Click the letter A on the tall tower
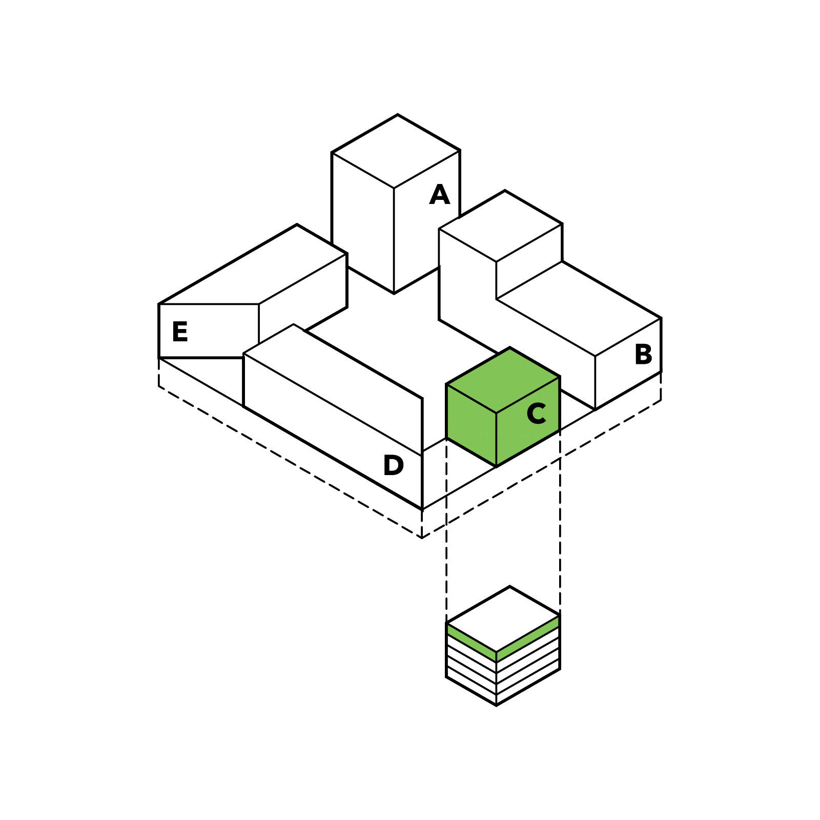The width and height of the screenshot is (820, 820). tap(440, 195)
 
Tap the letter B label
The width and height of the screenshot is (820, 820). tap(643, 354)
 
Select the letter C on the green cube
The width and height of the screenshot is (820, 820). tap(536, 414)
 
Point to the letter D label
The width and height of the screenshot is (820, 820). tap(393, 465)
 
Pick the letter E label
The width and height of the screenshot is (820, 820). tap(180, 332)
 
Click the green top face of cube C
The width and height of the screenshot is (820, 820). tap(503, 380)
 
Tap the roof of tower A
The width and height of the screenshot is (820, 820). tap(396, 151)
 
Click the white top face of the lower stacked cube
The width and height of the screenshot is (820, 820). tap(503, 619)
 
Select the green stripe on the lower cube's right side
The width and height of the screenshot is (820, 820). tap(528, 638)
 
